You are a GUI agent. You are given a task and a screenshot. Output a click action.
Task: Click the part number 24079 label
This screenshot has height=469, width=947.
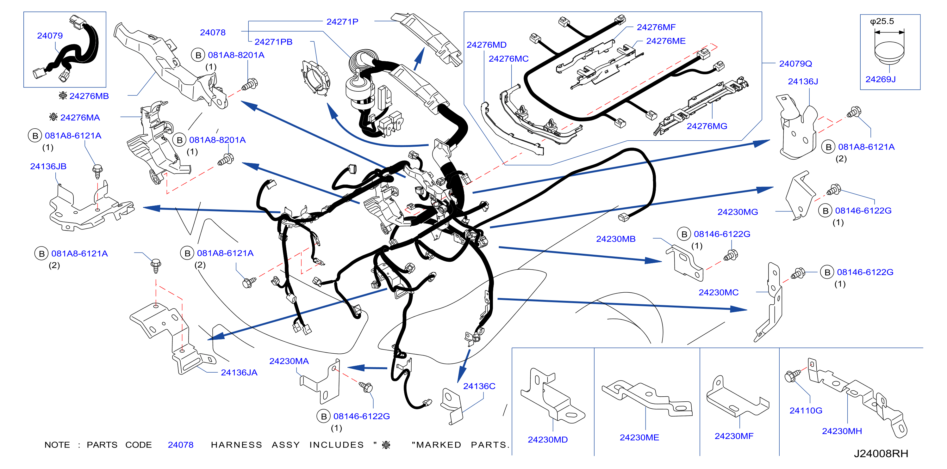tap(50, 36)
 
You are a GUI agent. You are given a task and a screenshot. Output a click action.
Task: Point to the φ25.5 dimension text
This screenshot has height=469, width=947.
tap(882, 21)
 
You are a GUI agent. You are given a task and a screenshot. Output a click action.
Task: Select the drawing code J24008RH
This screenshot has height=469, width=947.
tap(881, 454)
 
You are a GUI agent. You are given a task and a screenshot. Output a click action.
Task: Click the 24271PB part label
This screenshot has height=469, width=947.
tap(273, 42)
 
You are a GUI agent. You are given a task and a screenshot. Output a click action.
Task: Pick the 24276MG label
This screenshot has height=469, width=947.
tap(707, 126)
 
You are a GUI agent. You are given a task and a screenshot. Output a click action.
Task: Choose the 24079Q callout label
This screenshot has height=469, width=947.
tap(795, 64)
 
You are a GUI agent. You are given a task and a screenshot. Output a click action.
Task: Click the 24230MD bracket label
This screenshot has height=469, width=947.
tap(547, 440)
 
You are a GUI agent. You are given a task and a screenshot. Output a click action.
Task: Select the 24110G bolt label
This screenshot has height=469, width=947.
tap(806, 411)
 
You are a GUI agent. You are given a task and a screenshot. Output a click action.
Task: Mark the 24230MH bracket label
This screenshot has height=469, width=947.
tap(842, 431)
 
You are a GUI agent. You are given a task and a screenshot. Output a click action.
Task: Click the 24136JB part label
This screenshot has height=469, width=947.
tap(48, 166)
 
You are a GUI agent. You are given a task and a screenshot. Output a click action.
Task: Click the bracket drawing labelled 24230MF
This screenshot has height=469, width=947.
tap(737, 396)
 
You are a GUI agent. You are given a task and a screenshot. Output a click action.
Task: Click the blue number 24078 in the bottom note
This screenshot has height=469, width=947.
tap(180, 445)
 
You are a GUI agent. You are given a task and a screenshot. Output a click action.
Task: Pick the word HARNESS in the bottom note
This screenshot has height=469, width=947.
tap(236, 445)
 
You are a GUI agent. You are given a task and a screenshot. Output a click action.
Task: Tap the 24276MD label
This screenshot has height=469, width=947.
tap(486, 45)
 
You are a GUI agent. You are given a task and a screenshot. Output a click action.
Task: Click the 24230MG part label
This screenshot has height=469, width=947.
tap(738, 212)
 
